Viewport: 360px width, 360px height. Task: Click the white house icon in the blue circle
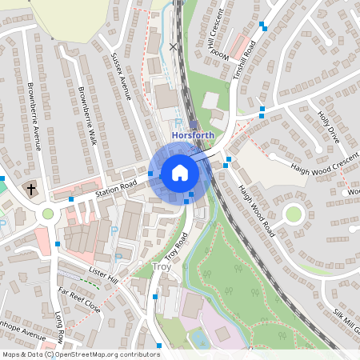point(179,172)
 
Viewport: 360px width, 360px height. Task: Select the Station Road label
point(117,190)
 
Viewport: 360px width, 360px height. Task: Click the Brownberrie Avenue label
point(34,116)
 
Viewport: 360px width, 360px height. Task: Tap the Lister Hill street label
point(103,274)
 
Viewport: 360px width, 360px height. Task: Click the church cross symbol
point(30,190)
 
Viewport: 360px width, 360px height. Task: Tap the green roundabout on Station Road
point(48,214)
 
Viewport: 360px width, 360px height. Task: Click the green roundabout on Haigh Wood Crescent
point(294,214)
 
